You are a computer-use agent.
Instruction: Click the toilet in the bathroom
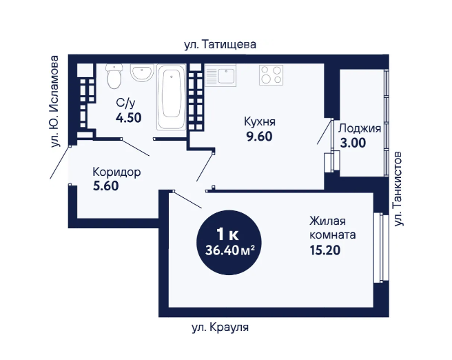pyautogui.click(x=114, y=76)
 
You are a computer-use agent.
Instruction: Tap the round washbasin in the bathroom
pyautogui.click(x=142, y=72)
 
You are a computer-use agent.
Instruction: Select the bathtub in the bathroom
pyautogui.click(x=172, y=97)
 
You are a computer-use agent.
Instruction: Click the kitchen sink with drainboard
pyautogui.click(x=220, y=75)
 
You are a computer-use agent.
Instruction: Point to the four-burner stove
pyautogui.click(x=271, y=74)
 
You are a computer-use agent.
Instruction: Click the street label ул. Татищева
pyautogui.click(x=220, y=45)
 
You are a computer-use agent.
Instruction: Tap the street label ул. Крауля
pyautogui.click(x=220, y=328)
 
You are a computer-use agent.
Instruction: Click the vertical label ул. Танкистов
pyautogui.click(x=398, y=188)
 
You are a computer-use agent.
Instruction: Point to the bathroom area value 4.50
pyautogui.click(x=129, y=118)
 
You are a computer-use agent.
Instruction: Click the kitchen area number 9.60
pyautogui.click(x=259, y=137)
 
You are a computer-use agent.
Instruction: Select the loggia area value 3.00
pyautogui.click(x=353, y=143)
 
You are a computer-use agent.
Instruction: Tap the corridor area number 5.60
pyautogui.click(x=106, y=186)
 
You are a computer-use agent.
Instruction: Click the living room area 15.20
pyautogui.click(x=325, y=250)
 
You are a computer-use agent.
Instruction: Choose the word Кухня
pyautogui.click(x=260, y=122)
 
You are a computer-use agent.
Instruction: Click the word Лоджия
pyautogui.click(x=360, y=128)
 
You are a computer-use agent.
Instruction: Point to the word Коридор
pyautogui.click(x=116, y=172)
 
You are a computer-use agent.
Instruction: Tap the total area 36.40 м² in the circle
pyautogui.click(x=229, y=250)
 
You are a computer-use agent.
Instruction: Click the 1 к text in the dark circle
pyautogui.click(x=227, y=234)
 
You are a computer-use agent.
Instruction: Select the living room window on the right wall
pyautogui.click(x=378, y=248)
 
